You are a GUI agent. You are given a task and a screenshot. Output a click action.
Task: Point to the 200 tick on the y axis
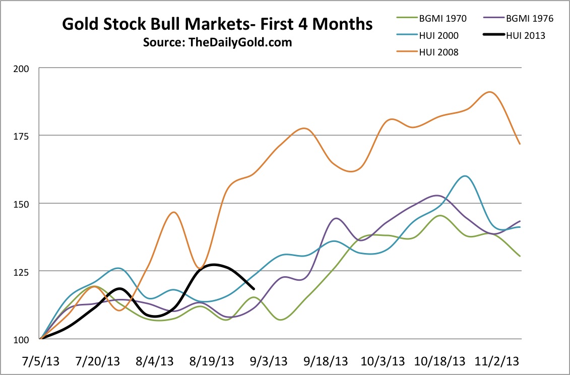[x=25, y=68]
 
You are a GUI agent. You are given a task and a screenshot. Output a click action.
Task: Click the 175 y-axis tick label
[x=25, y=136]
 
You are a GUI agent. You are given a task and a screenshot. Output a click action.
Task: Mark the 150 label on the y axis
[x=25, y=204]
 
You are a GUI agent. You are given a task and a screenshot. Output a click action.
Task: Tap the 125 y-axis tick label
[x=25, y=271]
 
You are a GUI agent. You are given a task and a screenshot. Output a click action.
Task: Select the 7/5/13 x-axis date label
[x=40, y=361]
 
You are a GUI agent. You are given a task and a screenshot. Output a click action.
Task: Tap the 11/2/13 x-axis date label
[x=499, y=361]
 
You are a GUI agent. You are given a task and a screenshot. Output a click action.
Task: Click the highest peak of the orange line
[x=489, y=92]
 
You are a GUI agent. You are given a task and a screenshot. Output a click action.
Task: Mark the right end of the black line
[x=254, y=288]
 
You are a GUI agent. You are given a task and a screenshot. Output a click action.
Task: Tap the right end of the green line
[x=520, y=256]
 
